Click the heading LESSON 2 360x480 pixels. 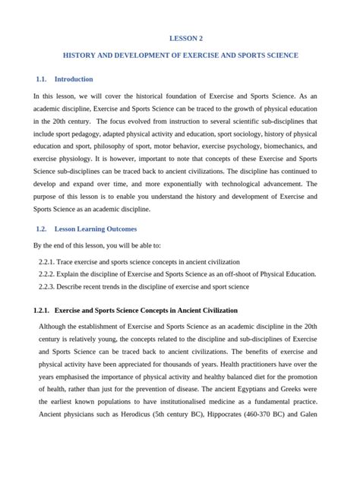[185, 37]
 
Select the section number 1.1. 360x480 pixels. [41, 79]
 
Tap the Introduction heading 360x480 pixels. [74, 79]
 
